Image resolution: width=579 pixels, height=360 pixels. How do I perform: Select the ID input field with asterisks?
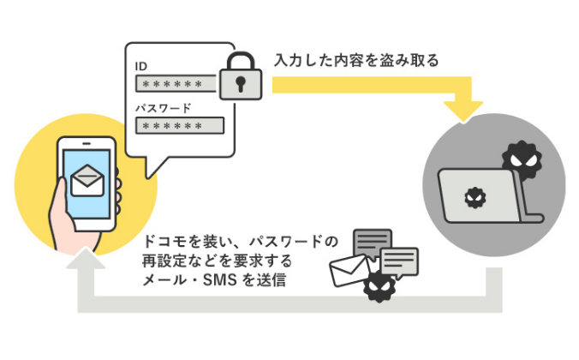[178, 84]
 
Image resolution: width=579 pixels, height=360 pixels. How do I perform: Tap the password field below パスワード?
[178, 125]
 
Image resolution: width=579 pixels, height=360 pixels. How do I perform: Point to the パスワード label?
[164, 108]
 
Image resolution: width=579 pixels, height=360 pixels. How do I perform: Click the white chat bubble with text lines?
[399, 261]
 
